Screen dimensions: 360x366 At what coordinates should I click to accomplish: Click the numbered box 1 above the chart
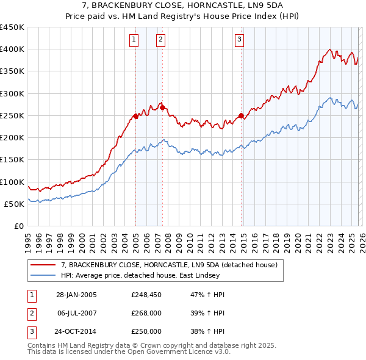point(134,40)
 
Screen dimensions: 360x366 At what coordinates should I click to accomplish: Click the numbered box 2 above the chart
point(160,40)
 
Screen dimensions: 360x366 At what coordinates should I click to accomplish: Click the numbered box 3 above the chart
point(239,40)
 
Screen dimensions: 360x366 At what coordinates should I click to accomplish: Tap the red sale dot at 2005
point(135,116)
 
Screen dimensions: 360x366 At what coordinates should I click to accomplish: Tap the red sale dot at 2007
point(162,107)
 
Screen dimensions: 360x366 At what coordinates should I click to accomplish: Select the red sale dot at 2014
point(241,115)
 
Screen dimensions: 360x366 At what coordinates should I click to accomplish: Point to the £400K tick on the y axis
point(12,49)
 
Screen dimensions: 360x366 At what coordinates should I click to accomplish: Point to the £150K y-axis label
point(12,160)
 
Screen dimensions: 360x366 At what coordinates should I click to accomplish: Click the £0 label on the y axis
point(18,226)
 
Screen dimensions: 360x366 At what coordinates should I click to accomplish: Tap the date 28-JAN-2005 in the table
point(76,295)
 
